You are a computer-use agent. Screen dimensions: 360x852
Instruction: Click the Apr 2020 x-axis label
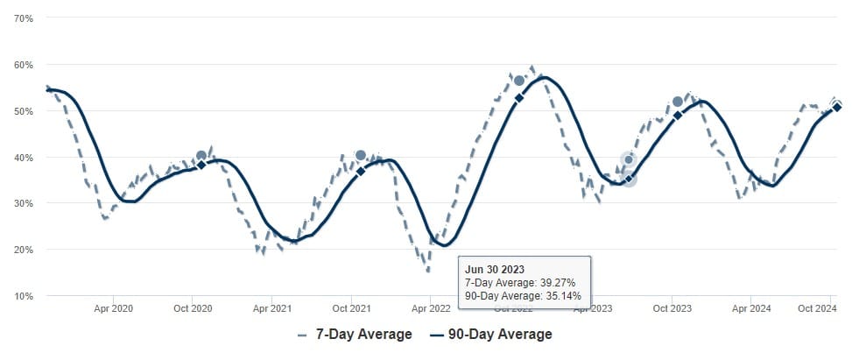pos(113,309)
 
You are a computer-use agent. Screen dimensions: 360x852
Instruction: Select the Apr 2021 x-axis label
pos(272,309)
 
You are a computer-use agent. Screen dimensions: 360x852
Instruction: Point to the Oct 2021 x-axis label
pos(351,309)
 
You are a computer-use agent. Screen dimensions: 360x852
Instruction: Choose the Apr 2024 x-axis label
pos(750,309)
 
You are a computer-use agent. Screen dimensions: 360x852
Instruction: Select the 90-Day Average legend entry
pos(491,335)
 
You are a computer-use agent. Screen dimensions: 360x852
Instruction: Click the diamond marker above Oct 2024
pos(837,107)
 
